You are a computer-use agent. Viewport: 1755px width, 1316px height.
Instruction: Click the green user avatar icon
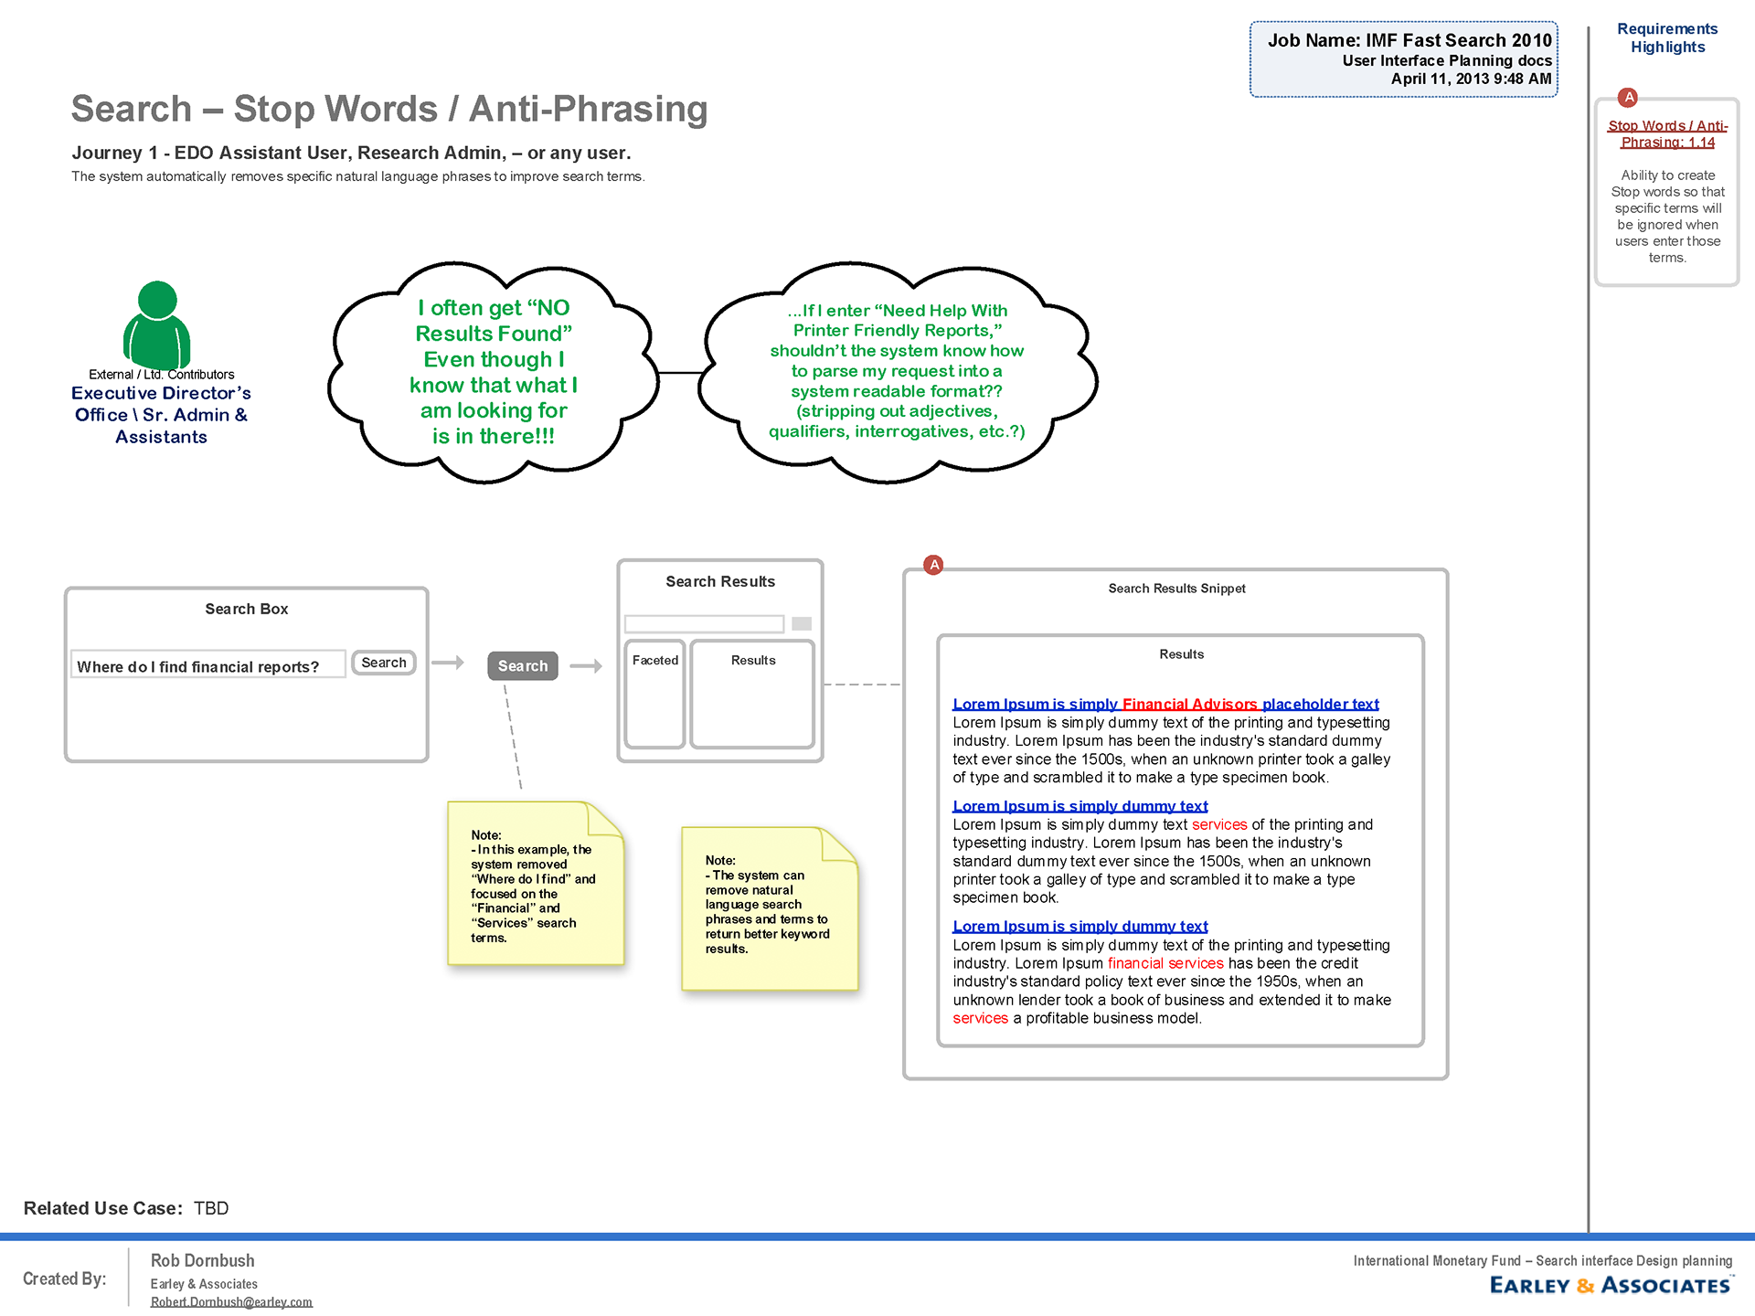click(x=157, y=324)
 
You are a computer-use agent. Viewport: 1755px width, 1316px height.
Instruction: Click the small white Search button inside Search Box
click(x=384, y=663)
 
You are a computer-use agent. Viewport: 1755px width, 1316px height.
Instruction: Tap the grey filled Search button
click(x=523, y=666)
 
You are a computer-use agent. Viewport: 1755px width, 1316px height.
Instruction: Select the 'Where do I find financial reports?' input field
click(x=208, y=666)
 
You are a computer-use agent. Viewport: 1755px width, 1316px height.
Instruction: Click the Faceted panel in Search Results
click(x=655, y=694)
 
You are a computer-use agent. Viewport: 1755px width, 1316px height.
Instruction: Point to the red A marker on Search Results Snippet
click(x=933, y=565)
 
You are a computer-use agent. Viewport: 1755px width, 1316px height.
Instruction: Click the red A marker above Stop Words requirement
click(x=1628, y=98)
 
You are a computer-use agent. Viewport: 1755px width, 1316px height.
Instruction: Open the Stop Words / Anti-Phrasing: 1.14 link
click(x=1668, y=134)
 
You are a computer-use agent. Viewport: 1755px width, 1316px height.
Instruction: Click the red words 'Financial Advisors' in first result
click(x=1189, y=704)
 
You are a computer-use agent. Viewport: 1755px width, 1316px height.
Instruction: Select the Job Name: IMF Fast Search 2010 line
click(x=1409, y=40)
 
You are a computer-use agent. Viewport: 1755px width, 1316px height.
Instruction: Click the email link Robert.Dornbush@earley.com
click(x=231, y=1302)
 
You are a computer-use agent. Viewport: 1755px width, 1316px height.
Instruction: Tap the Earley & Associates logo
click(x=1611, y=1286)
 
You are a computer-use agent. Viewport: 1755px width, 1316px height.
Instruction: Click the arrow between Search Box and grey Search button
click(x=448, y=663)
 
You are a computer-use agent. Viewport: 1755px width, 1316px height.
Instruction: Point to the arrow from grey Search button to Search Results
click(x=586, y=666)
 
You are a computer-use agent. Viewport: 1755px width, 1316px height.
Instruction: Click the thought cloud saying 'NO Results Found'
click(x=494, y=372)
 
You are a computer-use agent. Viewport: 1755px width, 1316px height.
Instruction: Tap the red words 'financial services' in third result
click(x=1165, y=963)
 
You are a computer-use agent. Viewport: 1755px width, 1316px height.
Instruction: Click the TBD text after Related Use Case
click(x=211, y=1208)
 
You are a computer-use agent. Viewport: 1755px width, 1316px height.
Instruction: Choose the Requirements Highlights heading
click(x=1667, y=38)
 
